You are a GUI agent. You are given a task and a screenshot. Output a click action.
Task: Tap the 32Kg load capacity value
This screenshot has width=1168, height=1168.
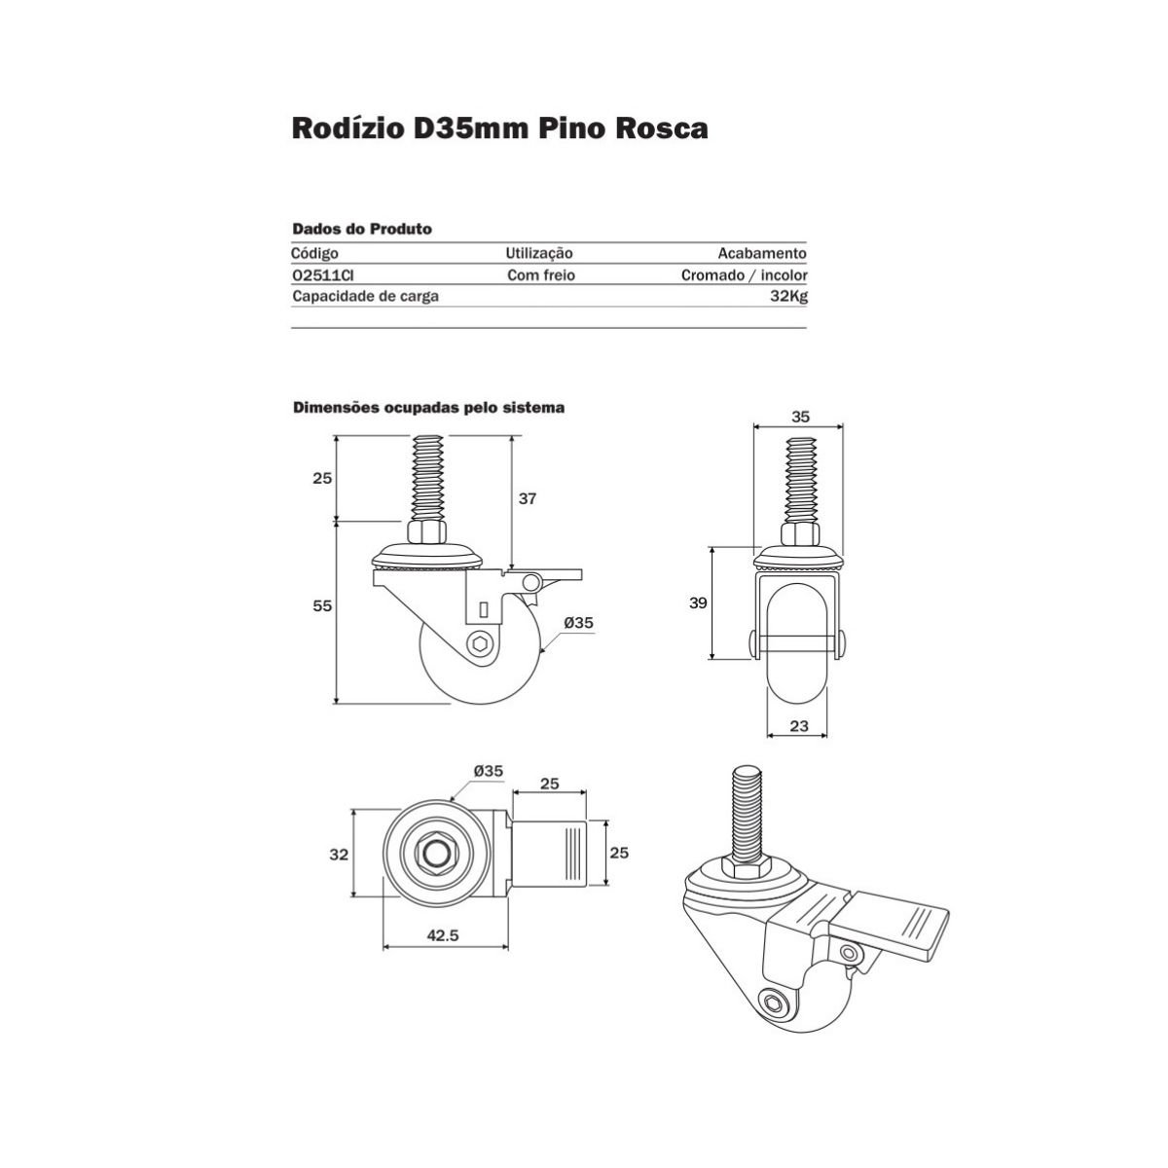click(x=787, y=296)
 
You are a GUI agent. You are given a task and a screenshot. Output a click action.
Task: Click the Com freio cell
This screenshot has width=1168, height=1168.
click(x=541, y=275)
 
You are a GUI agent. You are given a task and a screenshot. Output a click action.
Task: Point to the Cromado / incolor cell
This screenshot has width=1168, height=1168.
click(x=744, y=275)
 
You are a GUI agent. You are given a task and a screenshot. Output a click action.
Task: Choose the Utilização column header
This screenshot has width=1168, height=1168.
click(x=539, y=254)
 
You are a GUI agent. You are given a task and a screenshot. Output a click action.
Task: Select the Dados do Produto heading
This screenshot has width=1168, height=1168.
click(x=362, y=230)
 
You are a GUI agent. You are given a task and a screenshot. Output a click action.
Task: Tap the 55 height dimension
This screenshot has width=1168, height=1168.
click(x=323, y=605)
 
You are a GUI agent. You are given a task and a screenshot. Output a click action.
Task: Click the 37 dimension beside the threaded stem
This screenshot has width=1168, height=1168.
click(x=528, y=498)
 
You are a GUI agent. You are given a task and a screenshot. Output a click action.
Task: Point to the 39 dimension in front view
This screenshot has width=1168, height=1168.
click(x=698, y=602)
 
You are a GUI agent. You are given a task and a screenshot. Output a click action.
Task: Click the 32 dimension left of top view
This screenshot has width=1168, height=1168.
click(x=338, y=854)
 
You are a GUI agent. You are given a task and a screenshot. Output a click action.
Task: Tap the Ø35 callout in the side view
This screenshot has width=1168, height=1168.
click(x=579, y=623)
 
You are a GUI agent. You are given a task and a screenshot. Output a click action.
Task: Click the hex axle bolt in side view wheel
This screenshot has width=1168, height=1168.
click(x=479, y=643)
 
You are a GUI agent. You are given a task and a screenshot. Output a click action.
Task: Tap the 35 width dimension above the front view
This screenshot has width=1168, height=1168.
click(x=799, y=416)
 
